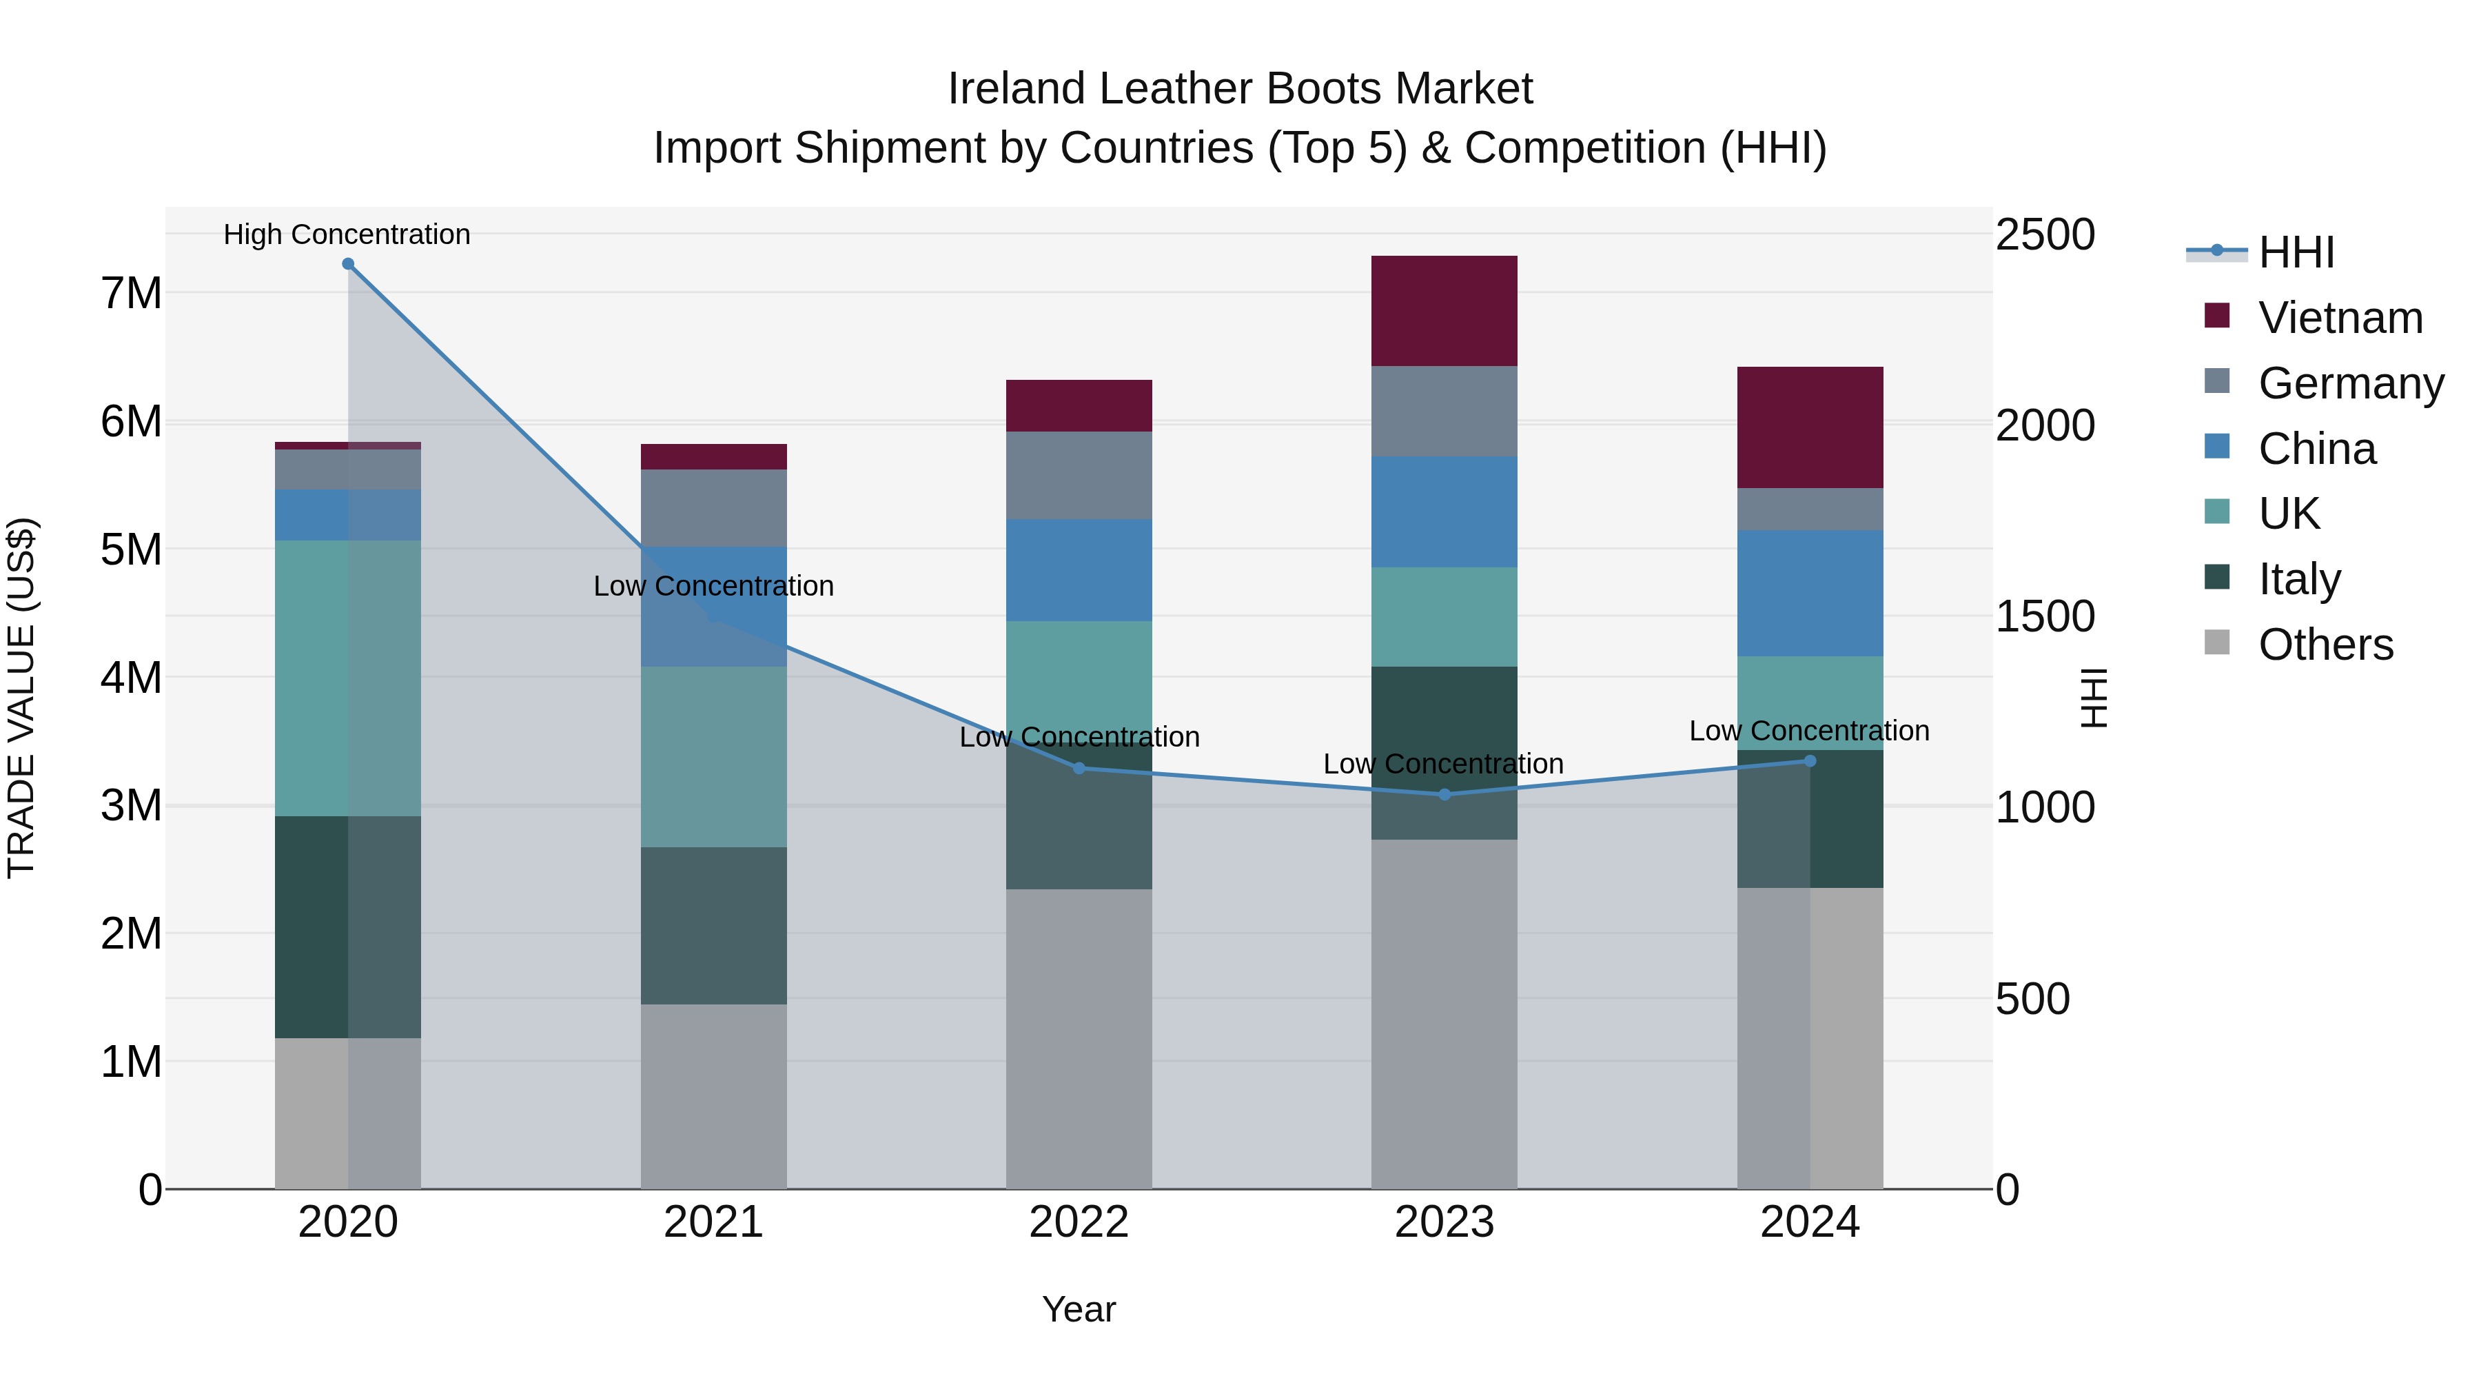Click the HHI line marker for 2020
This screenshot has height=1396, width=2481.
(348, 264)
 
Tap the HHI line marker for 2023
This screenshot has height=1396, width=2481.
(1444, 795)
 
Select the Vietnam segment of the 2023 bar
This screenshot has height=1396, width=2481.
(1444, 310)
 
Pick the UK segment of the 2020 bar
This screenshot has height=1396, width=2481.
(348, 678)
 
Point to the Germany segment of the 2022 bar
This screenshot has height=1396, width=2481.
(1079, 475)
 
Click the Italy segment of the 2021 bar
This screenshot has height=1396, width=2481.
(714, 925)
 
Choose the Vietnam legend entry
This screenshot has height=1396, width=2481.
(2340, 318)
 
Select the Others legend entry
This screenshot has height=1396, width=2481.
(2325, 645)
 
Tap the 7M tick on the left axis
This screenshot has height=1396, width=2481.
(131, 293)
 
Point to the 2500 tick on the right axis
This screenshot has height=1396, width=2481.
(2044, 234)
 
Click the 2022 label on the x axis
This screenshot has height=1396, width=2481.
(1079, 1222)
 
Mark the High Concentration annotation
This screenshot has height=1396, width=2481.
(347, 234)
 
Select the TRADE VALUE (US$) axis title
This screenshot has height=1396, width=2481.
(22, 698)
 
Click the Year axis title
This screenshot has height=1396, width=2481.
(1079, 1309)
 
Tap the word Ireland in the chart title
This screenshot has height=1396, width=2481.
(1017, 89)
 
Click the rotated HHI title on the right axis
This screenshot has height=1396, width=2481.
(2093, 698)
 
